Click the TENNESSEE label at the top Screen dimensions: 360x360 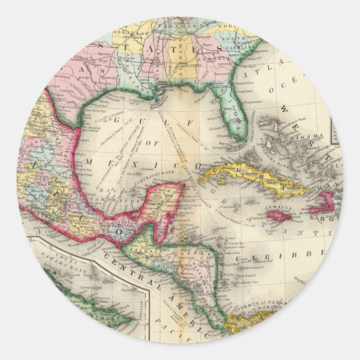click(182, 26)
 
